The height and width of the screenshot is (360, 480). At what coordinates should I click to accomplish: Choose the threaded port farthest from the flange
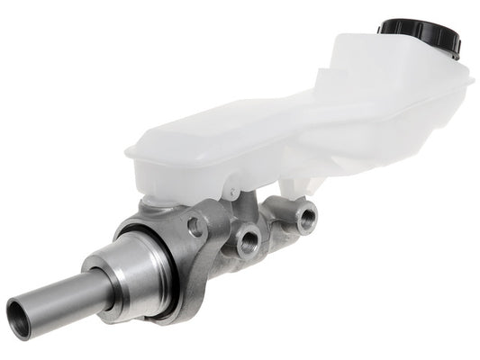point(307,216)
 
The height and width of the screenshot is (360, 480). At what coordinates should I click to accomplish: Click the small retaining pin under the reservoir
point(231,193)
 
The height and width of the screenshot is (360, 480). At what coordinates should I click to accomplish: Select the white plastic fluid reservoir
point(297,126)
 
